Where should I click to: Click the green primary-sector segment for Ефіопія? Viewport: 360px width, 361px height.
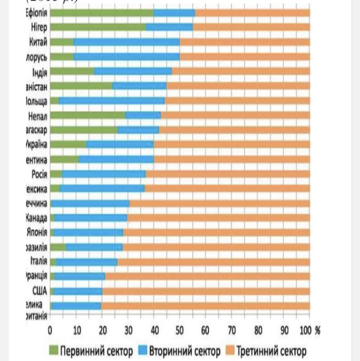[x=102, y=13]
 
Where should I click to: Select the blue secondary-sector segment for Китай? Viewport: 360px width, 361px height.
[x=126, y=42]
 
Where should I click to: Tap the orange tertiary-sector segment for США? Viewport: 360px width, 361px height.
[x=206, y=291]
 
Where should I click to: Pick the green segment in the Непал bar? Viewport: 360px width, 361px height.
[x=88, y=116]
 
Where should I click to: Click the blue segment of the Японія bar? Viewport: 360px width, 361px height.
[x=88, y=232]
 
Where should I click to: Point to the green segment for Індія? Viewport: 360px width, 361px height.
[x=72, y=72]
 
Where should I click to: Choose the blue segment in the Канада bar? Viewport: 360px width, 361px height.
[x=91, y=218]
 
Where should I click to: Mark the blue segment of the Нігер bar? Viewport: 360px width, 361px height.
[x=169, y=27]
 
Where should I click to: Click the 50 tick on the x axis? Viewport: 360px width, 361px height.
[x=180, y=330]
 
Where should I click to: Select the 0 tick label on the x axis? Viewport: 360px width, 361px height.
[x=51, y=330]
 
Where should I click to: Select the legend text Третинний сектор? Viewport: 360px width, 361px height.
[x=271, y=351]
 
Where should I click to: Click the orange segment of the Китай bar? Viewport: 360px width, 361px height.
[x=245, y=42]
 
